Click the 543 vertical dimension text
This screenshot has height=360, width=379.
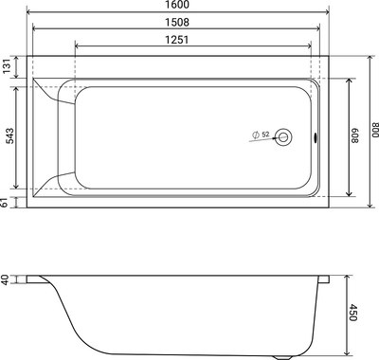click(x=8, y=135)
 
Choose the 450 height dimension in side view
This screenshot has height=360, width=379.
click(x=354, y=312)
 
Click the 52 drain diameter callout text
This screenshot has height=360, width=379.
click(x=265, y=134)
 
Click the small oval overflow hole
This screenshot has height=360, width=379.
click(x=316, y=138)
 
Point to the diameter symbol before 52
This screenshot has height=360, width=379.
click(x=256, y=135)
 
